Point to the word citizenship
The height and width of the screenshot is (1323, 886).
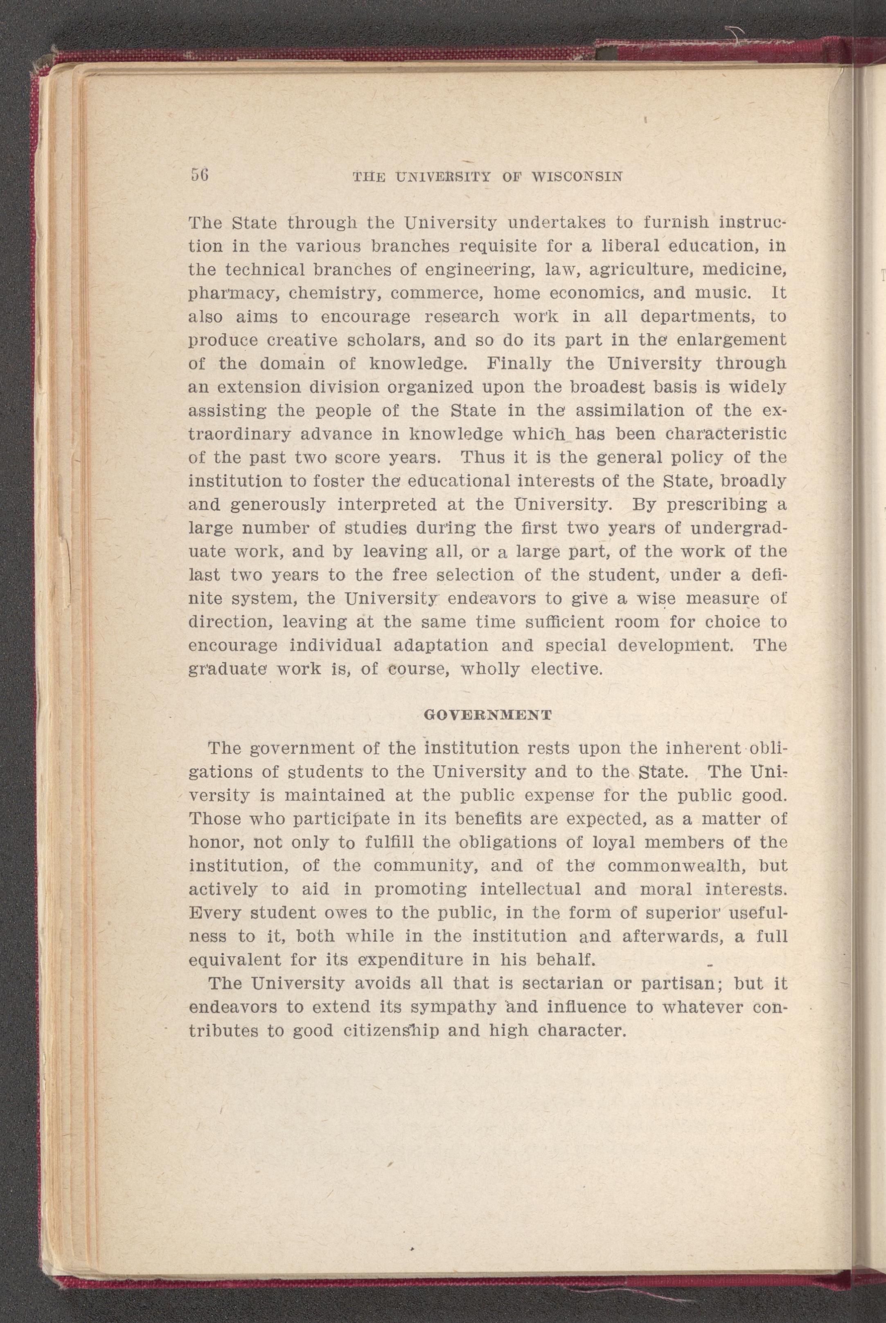click(390, 1031)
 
